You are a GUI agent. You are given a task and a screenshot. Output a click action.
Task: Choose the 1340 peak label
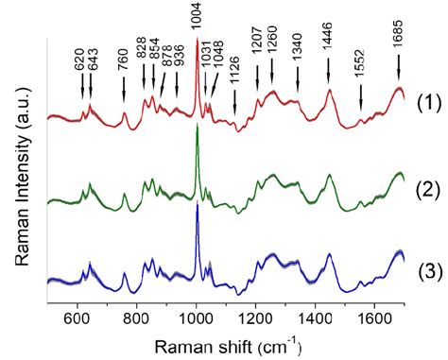click(x=298, y=54)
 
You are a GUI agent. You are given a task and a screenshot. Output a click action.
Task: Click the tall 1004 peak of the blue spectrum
click(x=197, y=206)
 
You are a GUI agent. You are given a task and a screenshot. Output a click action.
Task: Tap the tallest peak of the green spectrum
click(x=197, y=128)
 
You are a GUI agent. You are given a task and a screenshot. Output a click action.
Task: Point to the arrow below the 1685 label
click(x=398, y=66)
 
